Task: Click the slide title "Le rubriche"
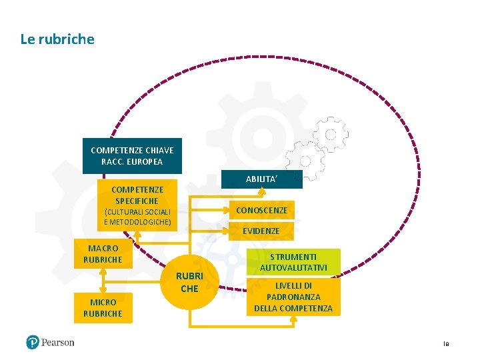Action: (x=57, y=39)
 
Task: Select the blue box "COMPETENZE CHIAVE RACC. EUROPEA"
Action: (x=132, y=156)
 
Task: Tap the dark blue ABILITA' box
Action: (x=261, y=179)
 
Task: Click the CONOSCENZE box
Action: (x=261, y=210)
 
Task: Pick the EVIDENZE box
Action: (x=261, y=231)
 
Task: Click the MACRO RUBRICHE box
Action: (x=103, y=254)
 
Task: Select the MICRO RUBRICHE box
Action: (x=103, y=307)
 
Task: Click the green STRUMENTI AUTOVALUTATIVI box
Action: (x=293, y=262)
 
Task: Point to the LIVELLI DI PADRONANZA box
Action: (x=293, y=297)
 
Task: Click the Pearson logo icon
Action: (x=33, y=343)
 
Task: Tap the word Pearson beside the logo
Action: (x=58, y=343)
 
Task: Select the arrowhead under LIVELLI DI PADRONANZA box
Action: (x=293, y=319)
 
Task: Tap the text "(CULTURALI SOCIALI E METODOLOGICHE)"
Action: (x=137, y=217)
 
